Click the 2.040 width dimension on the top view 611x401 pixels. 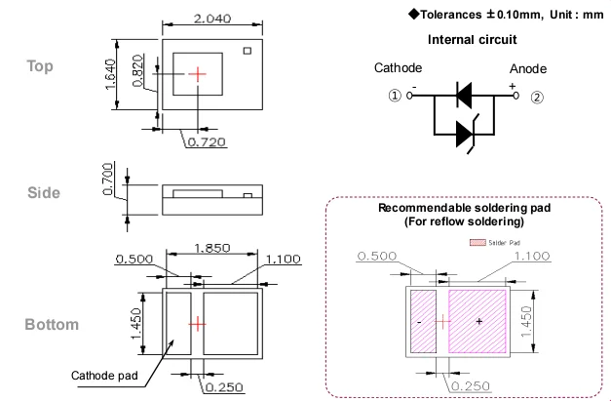[x=212, y=19]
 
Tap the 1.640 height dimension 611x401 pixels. [x=111, y=74]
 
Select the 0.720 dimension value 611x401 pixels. [x=207, y=142]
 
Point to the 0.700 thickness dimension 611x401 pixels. [x=108, y=179]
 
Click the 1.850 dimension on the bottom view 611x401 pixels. [x=212, y=248]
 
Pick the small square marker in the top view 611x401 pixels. [x=248, y=51]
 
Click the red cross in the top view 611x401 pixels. [x=198, y=74]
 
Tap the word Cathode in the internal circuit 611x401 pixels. [x=398, y=68]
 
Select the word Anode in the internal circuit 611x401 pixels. [x=528, y=69]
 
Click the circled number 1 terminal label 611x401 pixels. [x=395, y=96]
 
